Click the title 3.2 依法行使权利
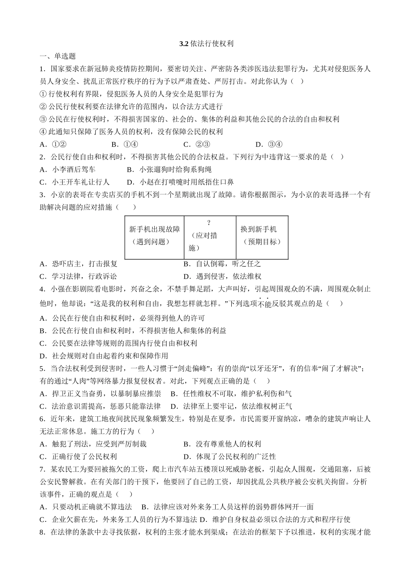click(206, 44)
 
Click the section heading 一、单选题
click(57, 56)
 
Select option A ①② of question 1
click(52, 145)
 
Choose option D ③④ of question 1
click(269, 145)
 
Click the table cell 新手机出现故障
click(154, 229)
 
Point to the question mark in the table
click(209, 223)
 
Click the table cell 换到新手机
click(259, 229)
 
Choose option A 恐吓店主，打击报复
click(79, 264)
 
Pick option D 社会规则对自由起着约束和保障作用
click(104, 356)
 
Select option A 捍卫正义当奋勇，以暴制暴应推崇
click(100, 394)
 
